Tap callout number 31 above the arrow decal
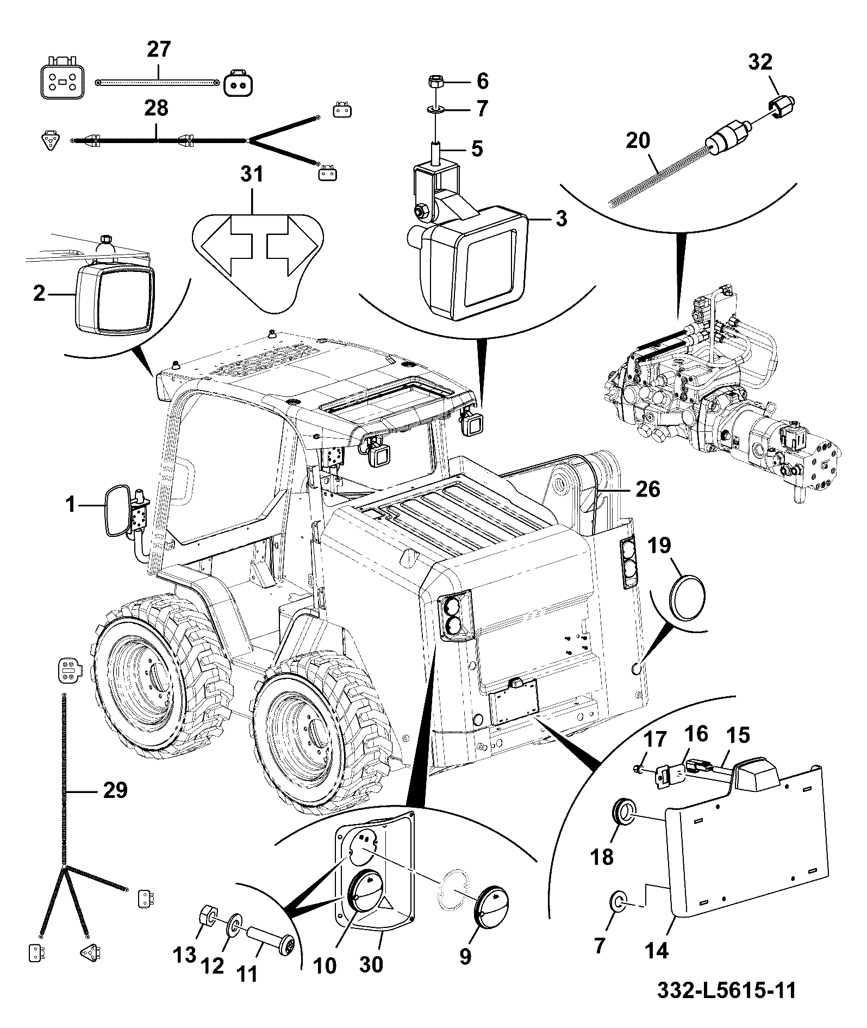coord(252,175)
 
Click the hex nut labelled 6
coord(435,83)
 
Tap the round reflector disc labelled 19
coord(688,597)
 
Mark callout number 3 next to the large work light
coord(561,219)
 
